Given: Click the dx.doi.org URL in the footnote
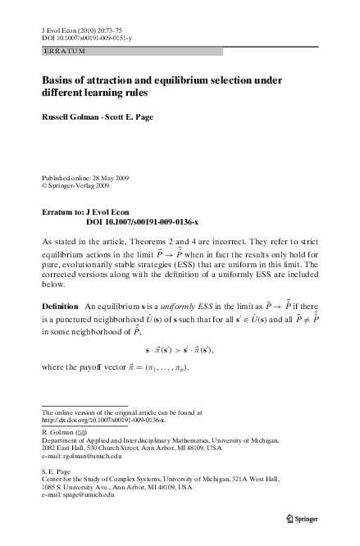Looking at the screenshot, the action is click(103, 419).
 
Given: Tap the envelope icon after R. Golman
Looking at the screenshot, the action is click(82, 431).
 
